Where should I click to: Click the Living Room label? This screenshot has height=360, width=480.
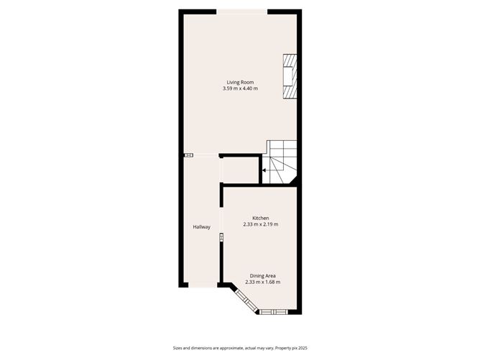pyautogui.click(x=240, y=82)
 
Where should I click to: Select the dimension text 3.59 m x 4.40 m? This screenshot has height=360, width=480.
pyautogui.click(x=240, y=88)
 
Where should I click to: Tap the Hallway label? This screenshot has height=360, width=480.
pyautogui.click(x=201, y=227)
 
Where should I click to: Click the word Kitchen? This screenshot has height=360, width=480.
pyautogui.click(x=260, y=218)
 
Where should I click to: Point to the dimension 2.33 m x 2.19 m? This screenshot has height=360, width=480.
pyautogui.click(x=260, y=224)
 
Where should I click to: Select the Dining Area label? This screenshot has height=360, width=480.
pyautogui.click(x=262, y=276)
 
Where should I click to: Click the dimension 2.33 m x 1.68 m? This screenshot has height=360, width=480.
pyautogui.click(x=262, y=282)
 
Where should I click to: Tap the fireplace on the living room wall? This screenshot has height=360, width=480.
pyautogui.click(x=289, y=75)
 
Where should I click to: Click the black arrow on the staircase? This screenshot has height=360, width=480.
pyautogui.click(x=264, y=170)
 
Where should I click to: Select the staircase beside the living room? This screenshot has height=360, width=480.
pyautogui.click(x=281, y=162)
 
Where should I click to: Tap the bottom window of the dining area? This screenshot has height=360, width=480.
pyautogui.click(x=274, y=311)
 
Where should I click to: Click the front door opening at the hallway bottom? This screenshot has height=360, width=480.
pyautogui.click(x=201, y=285)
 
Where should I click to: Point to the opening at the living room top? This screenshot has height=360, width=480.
pyautogui.click(x=241, y=11)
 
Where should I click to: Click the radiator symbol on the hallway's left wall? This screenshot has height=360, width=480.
pyautogui.click(x=188, y=155)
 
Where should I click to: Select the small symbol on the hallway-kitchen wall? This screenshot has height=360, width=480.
pyautogui.click(x=221, y=237)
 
